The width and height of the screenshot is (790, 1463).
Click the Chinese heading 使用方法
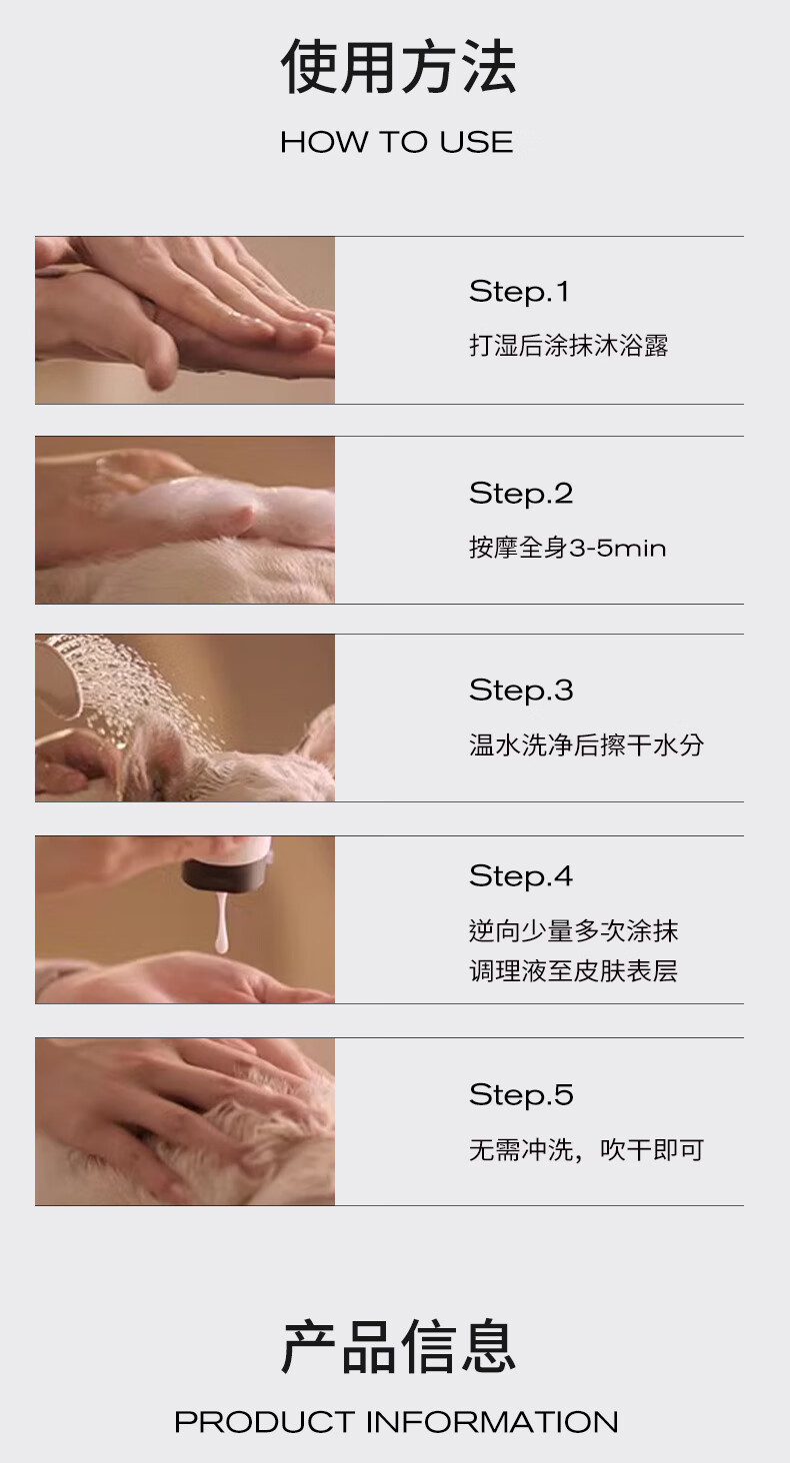tap(398, 66)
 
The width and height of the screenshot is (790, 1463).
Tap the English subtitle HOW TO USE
tap(397, 142)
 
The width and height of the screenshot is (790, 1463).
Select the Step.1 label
tap(519, 292)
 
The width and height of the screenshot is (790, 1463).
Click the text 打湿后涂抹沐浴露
tap(568, 346)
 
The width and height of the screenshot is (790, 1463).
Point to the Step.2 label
tap(521, 494)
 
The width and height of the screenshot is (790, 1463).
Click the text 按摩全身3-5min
tap(567, 548)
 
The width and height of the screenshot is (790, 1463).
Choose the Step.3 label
tap(521, 691)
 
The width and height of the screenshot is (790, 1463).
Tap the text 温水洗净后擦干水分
tap(586, 744)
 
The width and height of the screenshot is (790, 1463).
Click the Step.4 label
tap(521, 876)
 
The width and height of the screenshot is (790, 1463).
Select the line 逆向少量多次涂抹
tap(574, 930)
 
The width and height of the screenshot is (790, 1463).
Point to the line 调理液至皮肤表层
tap(574, 971)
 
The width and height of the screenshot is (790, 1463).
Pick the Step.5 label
tap(521, 1095)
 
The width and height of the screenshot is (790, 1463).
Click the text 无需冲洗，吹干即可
tap(586, 1149)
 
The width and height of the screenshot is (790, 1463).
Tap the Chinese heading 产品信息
tap(398, 1347)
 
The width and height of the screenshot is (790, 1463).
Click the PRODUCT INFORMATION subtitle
tap(396, 1422)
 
